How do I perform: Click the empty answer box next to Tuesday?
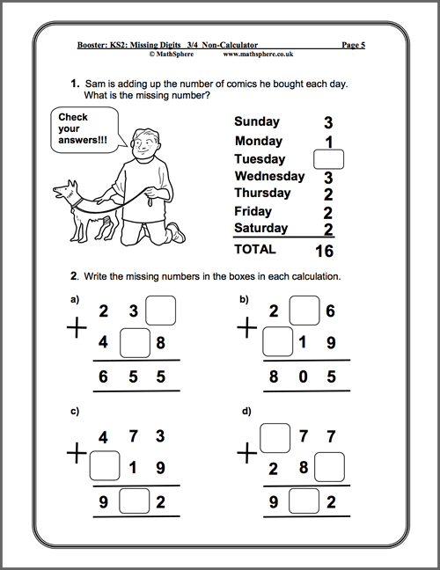327,159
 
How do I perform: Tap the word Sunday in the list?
257,122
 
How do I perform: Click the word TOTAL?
255,250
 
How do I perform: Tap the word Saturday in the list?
261,229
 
